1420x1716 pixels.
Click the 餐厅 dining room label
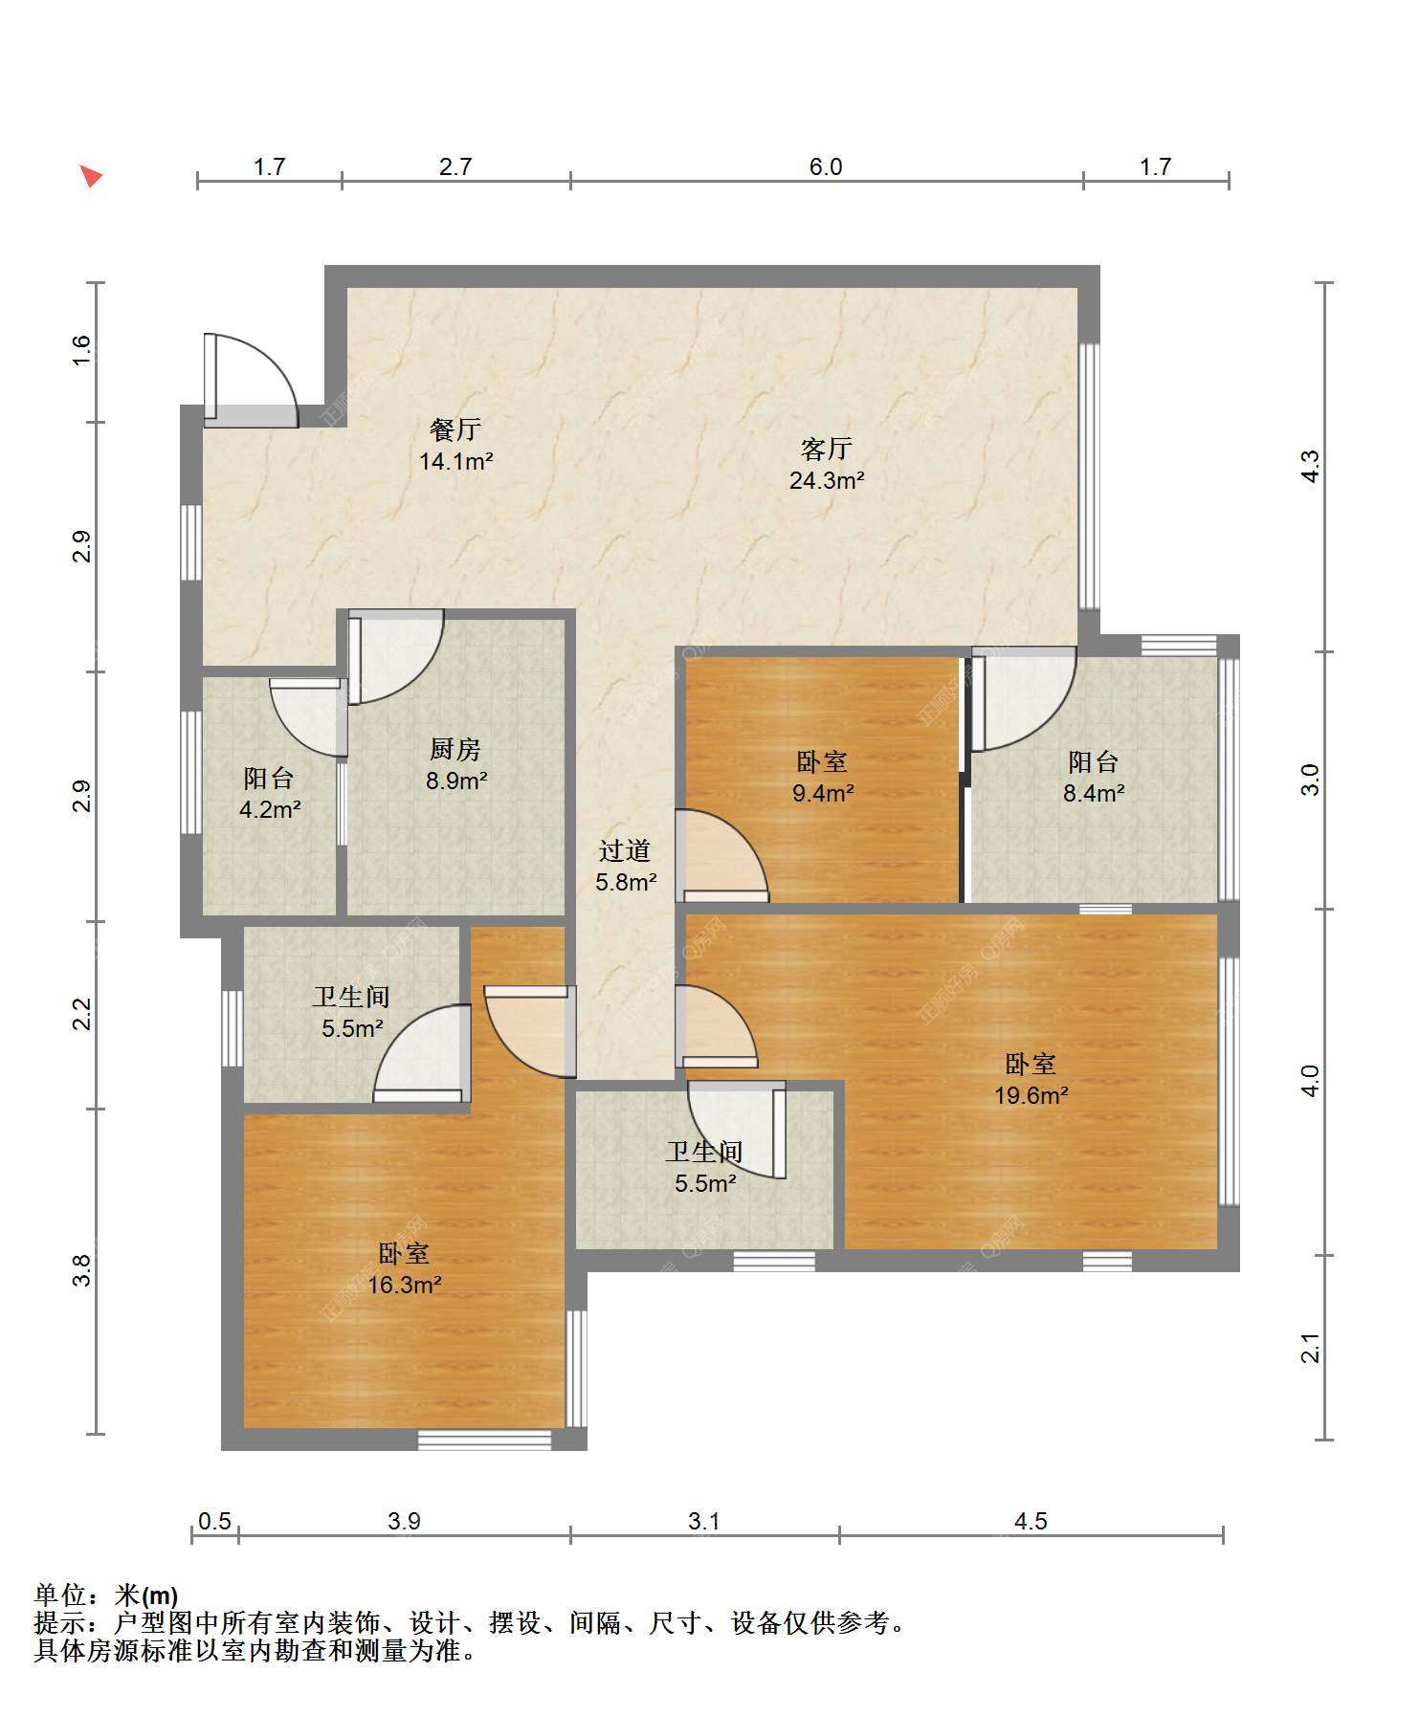click(x=455, y=429)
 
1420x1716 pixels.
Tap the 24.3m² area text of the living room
click(x=827, y=480)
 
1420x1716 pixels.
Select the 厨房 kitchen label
click(x=455, y=749)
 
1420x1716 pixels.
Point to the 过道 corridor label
click(x=625, y=850)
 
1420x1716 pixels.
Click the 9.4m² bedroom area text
click(x=823, y=793)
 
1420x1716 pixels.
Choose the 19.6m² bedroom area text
click(x=1031, y=1095)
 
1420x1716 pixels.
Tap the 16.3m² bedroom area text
click(x=404, y=1285)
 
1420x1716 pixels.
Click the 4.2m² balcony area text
click(x=270, y=810)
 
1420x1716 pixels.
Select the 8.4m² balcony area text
click(x=1094, y=793)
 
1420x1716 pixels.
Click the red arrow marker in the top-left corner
click(x=90, y=175)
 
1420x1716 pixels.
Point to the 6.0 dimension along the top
click(x=826, y=166)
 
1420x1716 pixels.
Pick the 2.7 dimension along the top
click(x=455, y=166)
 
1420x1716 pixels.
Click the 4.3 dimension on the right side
click(x=1311, y=466)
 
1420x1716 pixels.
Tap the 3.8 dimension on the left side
click(x=82, y=1270)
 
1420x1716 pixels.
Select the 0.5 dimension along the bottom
click(x=214, y=1521)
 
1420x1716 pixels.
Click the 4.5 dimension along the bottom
click(x=1031, y=1521)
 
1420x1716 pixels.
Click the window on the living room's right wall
click(x=1089, y=475)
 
